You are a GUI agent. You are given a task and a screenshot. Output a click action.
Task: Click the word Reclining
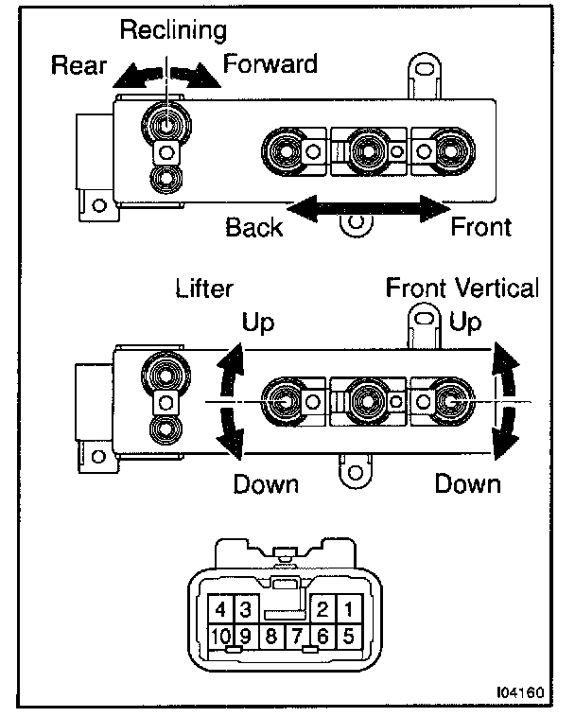click(173, 30)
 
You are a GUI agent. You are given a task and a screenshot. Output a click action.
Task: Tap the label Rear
click(78, 65)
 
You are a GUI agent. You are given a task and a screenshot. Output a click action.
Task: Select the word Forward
click(270, 63)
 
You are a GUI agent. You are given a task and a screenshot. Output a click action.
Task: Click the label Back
click(253, 228)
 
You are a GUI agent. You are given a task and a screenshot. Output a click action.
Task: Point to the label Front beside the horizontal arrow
click(480, 227)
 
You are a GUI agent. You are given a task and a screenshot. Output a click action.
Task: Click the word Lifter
click(204, 289)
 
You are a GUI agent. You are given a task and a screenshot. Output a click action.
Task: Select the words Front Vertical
click(462, 289)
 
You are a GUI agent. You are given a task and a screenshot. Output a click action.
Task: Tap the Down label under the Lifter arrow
click(266, 484)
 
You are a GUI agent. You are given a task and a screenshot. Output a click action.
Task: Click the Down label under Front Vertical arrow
click(466, 484)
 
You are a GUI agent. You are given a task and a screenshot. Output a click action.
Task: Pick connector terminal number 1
click(347, 608)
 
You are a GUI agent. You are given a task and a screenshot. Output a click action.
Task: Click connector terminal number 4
click(219, 608)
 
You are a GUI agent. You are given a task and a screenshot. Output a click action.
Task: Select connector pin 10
click(219, 637)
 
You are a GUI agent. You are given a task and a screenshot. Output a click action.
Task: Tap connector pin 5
click(347, 637)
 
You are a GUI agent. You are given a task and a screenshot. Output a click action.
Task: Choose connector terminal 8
click(270, 637)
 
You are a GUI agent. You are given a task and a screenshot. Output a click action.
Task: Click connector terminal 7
click(296, 637)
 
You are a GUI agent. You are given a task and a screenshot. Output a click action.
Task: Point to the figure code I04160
click(519, 691)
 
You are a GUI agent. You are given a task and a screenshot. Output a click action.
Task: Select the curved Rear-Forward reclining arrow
click(166, 76)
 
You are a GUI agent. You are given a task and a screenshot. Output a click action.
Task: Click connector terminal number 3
click(244, 608)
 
